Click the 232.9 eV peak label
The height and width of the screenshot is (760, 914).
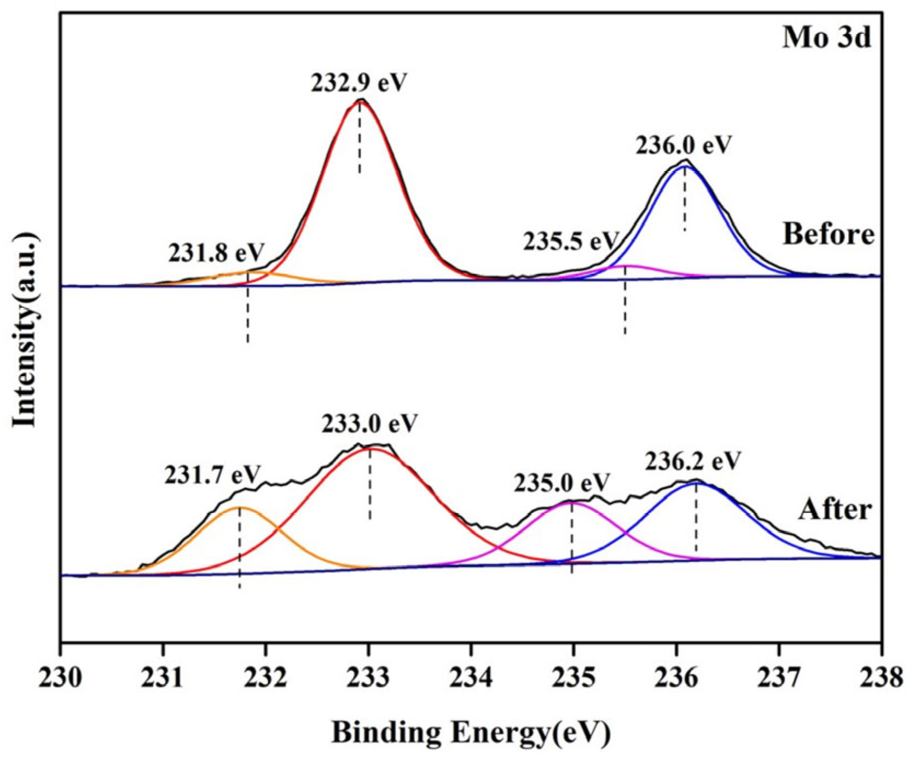360,83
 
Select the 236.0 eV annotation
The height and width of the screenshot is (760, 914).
684,145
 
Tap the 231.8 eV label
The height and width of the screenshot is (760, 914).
217,252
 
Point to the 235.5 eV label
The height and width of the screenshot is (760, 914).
570,241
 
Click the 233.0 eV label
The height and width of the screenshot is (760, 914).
370,423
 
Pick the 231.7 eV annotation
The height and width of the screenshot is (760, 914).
212,474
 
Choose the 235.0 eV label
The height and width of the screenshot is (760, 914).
562,483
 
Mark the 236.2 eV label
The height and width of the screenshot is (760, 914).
693,461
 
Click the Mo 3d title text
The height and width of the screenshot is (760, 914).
826,38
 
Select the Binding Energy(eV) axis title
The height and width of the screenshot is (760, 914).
471,733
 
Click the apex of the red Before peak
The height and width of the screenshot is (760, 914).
360,101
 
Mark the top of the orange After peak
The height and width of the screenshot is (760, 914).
239,507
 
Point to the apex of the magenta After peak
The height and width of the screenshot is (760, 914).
569,502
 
